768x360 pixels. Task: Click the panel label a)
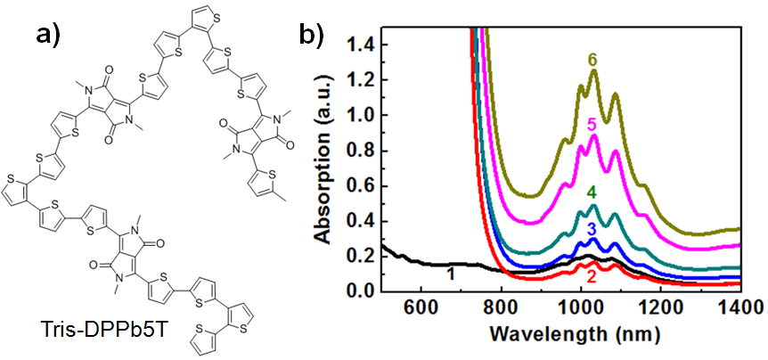(x=53, y=35)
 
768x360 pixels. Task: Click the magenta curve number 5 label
(x=592, y=125)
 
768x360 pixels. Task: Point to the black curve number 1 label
(x=451, y=274)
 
